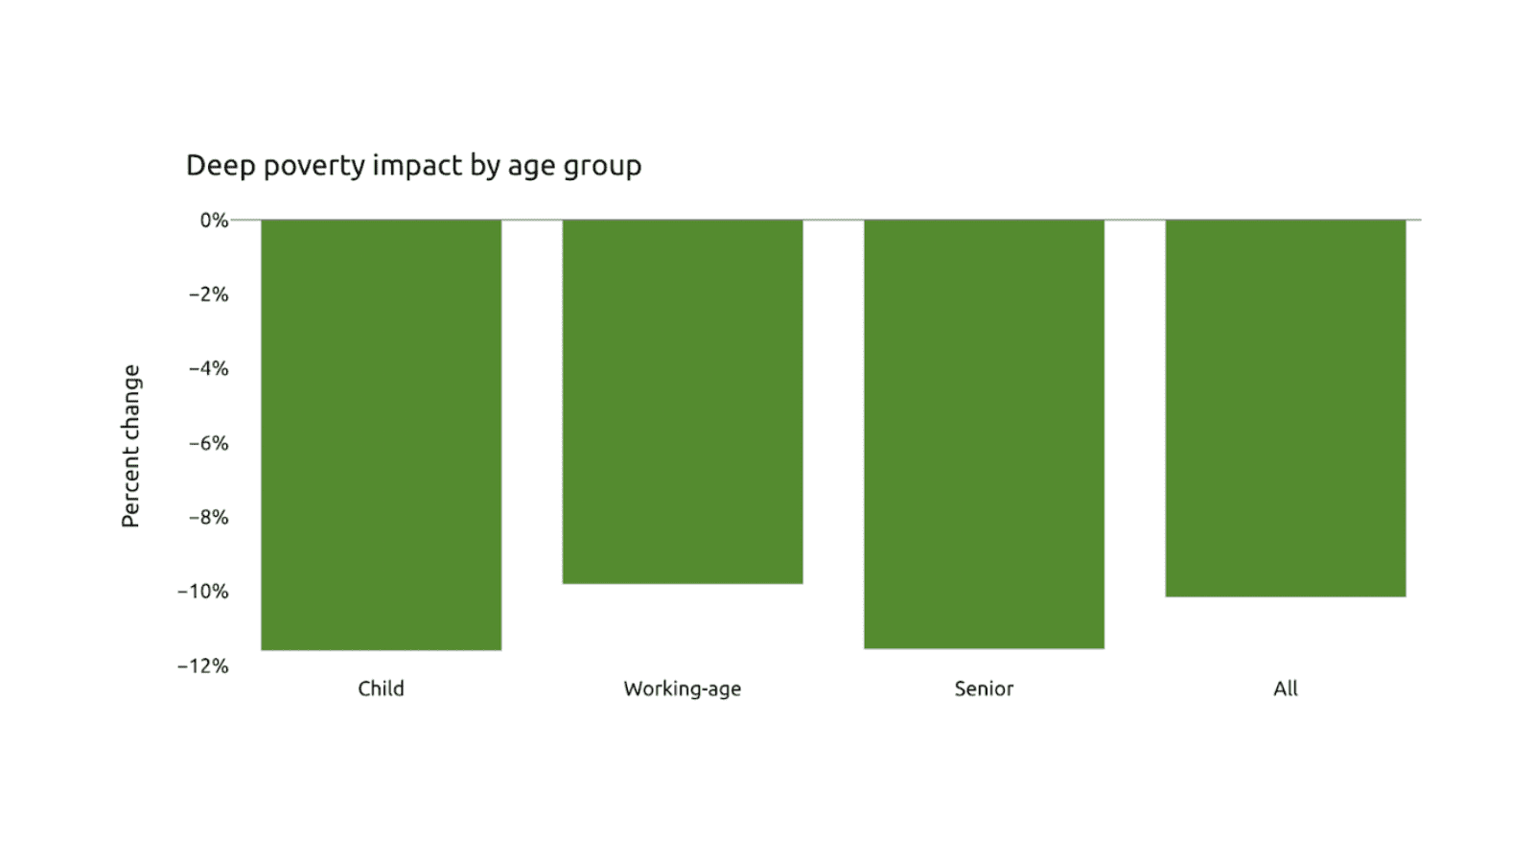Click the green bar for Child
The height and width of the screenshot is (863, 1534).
[x=381, y=434]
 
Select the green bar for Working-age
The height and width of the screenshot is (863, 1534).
[x=682, y=401]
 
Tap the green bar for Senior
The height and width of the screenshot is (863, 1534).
[x=984, y=433]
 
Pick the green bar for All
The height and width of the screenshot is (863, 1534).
[x=1285, y=408]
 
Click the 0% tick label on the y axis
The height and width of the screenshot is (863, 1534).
[x=214, y=221]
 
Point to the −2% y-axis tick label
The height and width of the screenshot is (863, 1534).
[x=208, y=294]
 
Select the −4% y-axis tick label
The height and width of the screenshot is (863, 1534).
[x=208, y=368]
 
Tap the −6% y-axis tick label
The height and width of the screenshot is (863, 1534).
[x=208, y=443]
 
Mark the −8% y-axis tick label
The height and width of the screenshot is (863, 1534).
[x=208, y=517]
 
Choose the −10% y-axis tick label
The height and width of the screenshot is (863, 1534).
[x=203, y=592]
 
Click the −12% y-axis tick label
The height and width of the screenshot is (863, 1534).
[x=203, y=665]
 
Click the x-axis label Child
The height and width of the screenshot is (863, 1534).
[x=381, y=688]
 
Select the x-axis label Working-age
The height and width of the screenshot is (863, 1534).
[x=682, y=688]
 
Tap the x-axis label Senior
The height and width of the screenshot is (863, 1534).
[x=984, y=688]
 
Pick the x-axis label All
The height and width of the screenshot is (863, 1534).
[x=1285, y=688]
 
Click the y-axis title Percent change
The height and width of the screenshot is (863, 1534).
[x=130, y=446]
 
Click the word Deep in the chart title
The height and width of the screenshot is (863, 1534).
[x=221, y=166]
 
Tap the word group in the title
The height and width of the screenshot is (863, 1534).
[x=602, y=166]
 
